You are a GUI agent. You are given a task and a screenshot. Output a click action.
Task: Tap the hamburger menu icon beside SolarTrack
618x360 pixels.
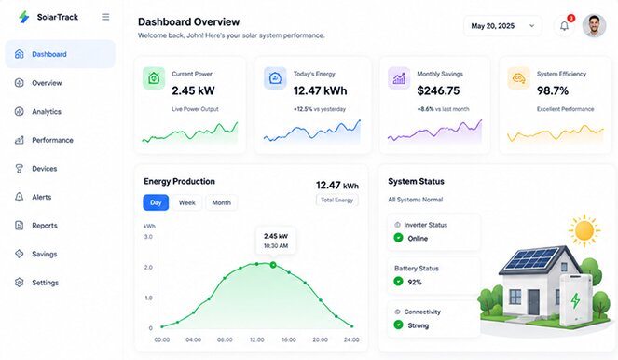(x=105, y=17)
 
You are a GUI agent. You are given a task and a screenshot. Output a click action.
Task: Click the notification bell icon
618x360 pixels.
(x=564, y=26)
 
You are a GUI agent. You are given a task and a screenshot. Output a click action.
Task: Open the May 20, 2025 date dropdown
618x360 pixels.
(x=502, y=26)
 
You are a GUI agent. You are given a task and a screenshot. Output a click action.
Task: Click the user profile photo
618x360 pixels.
(x=595, y=25)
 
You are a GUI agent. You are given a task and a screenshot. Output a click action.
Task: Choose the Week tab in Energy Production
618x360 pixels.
(x=186, y=202)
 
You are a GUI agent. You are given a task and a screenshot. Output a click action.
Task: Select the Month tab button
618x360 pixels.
(x=222, y=202)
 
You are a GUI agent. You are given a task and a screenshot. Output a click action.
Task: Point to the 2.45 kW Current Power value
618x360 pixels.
(x=193, y=90)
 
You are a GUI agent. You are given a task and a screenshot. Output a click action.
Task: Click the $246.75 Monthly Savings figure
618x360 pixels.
(x=438, y=90)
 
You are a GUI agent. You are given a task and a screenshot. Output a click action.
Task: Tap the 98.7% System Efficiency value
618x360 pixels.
(x=553, y=90)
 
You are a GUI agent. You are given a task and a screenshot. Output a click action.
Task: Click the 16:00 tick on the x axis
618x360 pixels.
(x=289, y=339)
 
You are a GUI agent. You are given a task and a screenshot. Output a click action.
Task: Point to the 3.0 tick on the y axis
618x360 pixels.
(x=148, y=237)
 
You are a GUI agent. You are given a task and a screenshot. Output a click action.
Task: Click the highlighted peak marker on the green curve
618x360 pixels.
(x=273, y=265)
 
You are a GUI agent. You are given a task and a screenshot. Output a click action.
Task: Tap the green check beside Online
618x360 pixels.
(x=398, y=238)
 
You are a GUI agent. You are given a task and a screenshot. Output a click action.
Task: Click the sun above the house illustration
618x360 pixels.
(x=584, y=230)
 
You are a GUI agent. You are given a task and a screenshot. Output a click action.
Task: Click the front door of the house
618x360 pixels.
(x=534, y=302)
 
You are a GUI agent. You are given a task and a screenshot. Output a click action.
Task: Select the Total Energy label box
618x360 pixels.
(x=337, y=200)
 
